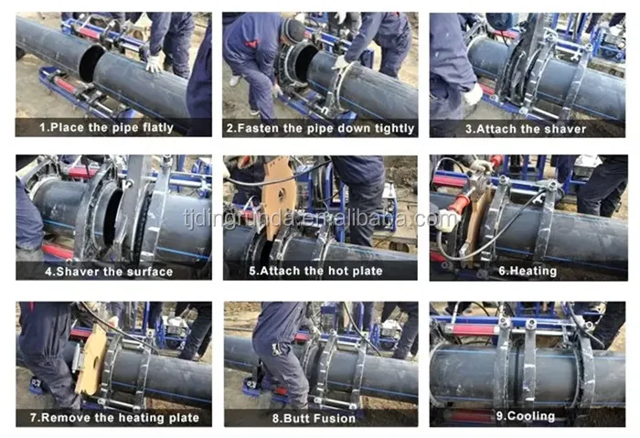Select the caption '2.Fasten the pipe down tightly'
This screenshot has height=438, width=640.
tap(320, 128)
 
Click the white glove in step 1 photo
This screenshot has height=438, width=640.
tap(154, 64)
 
